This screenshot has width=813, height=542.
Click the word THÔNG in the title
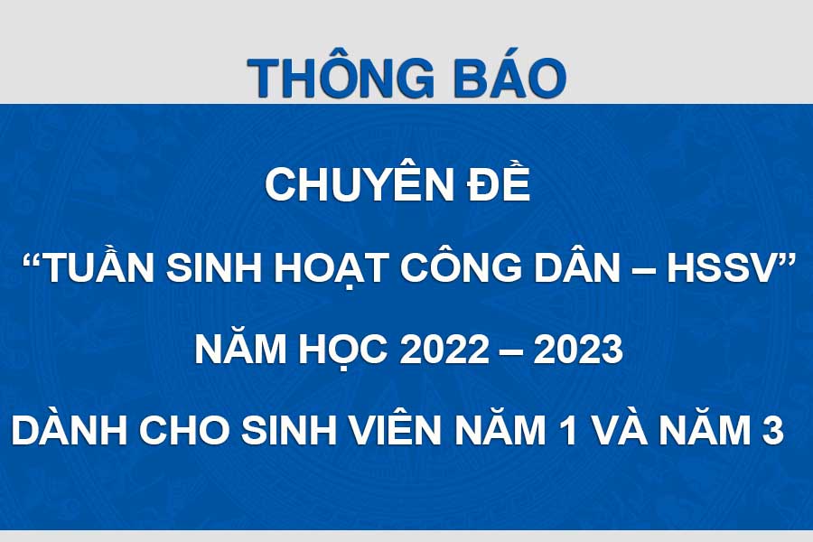[341, 78]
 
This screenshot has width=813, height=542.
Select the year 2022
[444, 350]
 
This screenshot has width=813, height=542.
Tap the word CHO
[184, 431]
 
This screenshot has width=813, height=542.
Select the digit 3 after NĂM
[772, 431]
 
